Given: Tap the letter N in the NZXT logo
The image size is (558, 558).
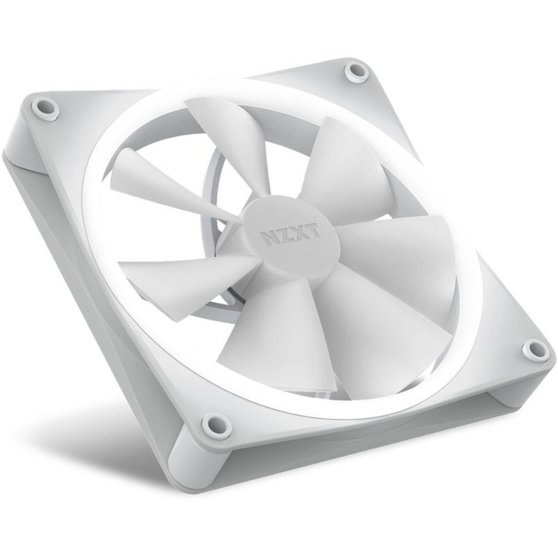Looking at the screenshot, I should coord(265,237).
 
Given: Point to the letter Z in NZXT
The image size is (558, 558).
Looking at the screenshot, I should coord(281,233).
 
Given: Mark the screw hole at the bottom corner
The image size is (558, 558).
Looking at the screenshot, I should coord(216,424).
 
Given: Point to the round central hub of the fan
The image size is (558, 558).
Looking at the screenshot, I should coord(291,237).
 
